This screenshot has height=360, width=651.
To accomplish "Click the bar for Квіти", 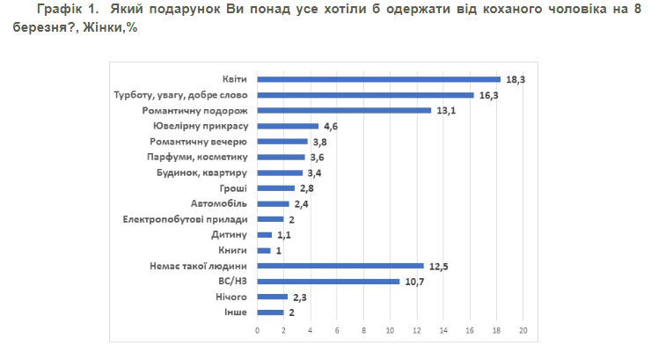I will pos(378,79).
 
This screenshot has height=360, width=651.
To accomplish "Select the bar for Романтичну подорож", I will pos(344,111).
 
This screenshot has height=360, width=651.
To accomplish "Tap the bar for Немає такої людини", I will pos(340,266).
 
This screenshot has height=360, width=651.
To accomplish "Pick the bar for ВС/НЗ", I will pos(328,282).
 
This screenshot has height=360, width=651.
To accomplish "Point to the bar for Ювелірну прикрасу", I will pos(288,126).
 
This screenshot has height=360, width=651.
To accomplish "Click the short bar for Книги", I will pos(264,250).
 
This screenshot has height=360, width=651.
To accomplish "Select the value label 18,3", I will pos(512,79).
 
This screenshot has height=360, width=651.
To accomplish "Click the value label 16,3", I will pos(486,95).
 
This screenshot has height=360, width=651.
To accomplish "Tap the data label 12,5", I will pos(435,266).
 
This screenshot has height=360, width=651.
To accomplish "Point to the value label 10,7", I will pos(412,282).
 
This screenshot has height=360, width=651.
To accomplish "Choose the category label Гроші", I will pos(235,188).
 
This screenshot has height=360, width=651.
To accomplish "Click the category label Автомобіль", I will pos(223,203).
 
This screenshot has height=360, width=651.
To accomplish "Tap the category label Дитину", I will pos(230,235).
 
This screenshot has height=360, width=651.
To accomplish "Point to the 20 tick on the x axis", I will pos(523,331).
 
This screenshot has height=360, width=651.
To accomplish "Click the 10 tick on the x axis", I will pos(391,331).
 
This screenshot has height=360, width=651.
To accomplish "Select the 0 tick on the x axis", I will pos(258,331).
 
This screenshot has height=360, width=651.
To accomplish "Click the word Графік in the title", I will pos(56,10).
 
